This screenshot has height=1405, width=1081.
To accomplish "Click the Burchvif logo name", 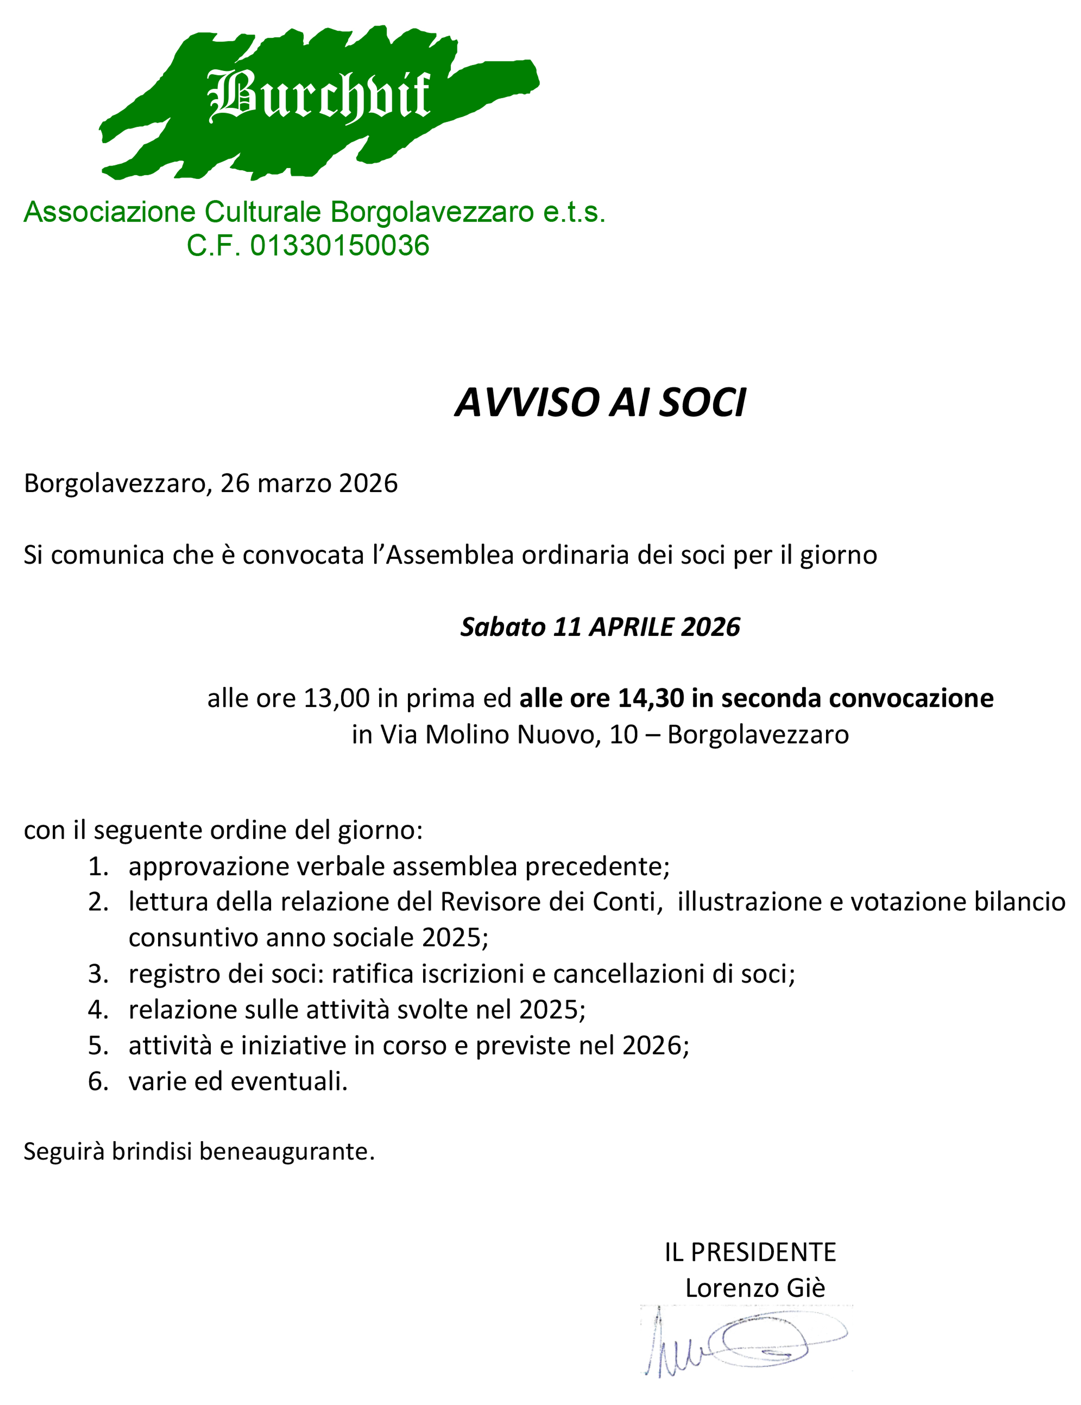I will (319, 96).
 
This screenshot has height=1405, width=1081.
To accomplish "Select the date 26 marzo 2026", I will (309, 483).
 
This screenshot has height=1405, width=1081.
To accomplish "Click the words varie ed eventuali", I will (237, 1081).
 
